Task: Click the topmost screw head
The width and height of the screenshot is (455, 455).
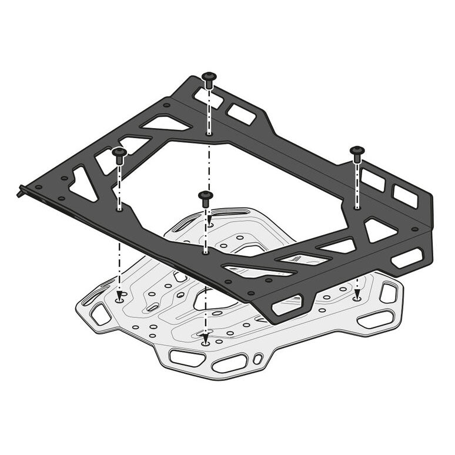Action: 209,77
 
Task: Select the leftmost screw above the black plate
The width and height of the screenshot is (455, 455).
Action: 119,153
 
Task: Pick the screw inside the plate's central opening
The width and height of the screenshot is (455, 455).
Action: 205,196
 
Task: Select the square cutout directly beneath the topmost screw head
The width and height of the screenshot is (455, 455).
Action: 207,98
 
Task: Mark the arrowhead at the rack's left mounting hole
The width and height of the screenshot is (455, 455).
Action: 119,296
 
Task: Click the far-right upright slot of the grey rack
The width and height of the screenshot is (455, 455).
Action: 388,292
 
